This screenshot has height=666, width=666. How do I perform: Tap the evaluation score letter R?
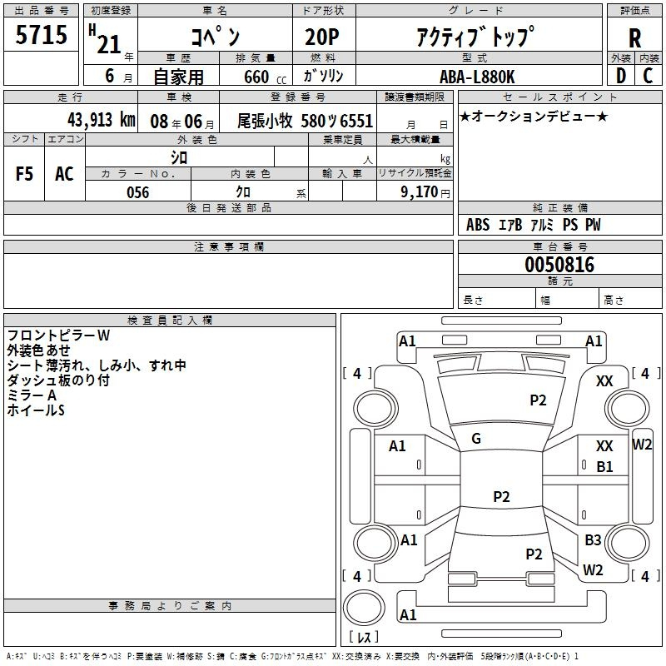634,38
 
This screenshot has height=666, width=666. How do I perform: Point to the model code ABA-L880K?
477,77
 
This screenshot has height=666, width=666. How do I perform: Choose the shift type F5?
25,173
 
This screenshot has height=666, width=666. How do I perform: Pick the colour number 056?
137,192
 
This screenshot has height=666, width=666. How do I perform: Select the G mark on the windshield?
476,439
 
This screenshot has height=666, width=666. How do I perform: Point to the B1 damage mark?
604,467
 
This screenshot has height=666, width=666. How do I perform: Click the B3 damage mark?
593,540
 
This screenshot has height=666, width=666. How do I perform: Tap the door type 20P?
317,37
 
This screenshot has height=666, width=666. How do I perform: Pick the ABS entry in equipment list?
478,225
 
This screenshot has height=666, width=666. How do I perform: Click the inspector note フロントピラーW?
58,335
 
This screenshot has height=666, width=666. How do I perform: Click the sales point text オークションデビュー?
534,117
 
